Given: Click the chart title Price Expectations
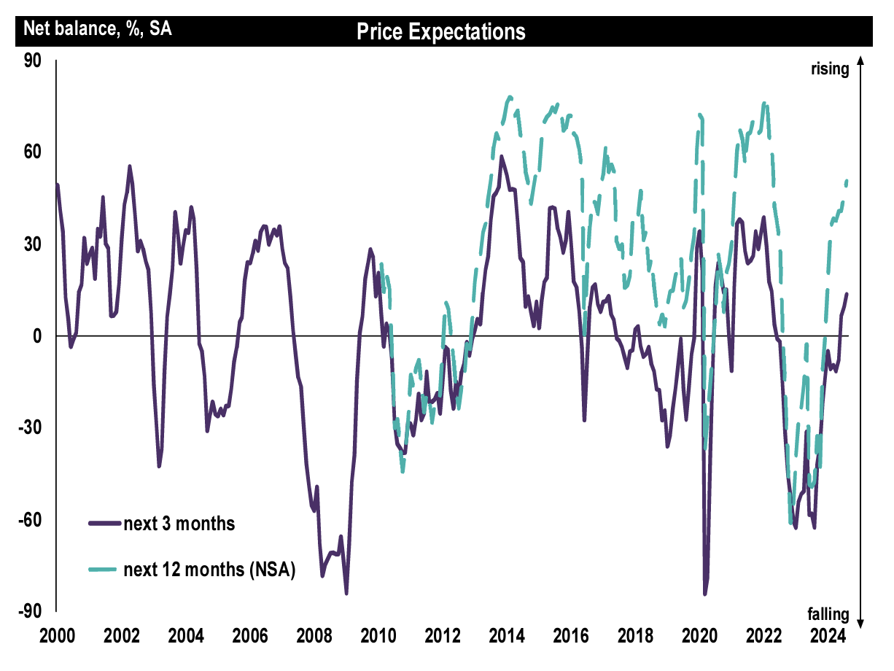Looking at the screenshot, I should pos(441,32).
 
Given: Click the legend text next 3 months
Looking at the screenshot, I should pos(179,524).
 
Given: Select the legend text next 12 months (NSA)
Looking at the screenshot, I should pos(209,570).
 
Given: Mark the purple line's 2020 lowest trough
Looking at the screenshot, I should pos(705,594).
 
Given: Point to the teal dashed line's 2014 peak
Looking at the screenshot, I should pos(510,96).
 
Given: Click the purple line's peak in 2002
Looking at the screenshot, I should pos(130,166).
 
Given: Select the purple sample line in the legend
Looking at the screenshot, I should pos(104,524).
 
